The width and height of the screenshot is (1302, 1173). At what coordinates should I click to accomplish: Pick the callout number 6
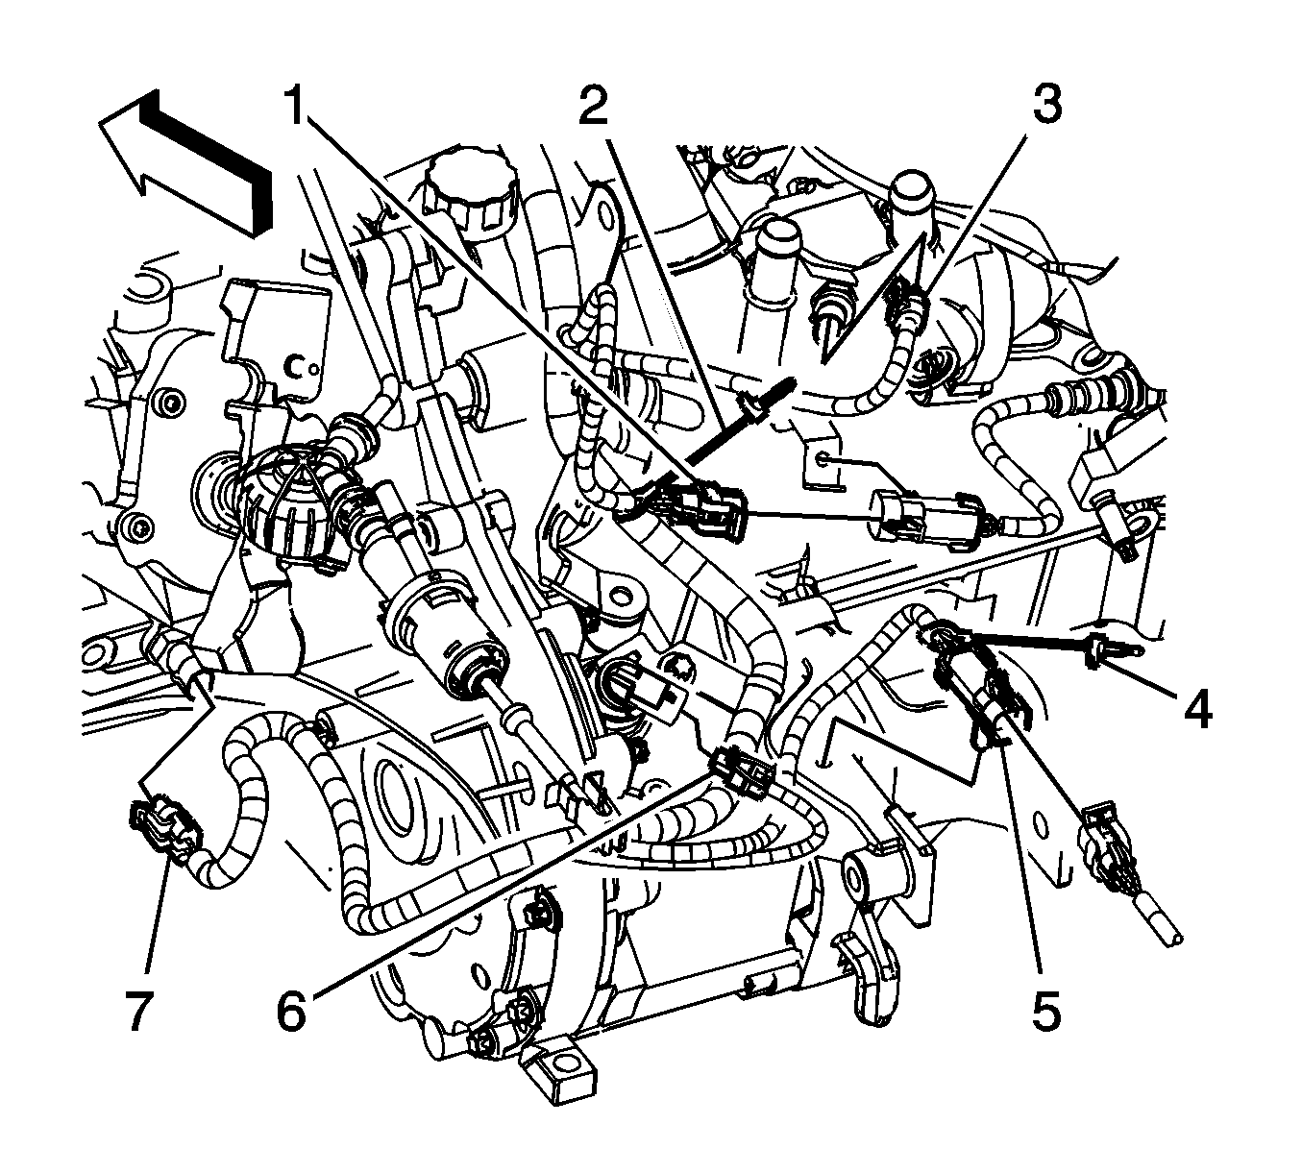pyautogui.click(x=293, y=1011)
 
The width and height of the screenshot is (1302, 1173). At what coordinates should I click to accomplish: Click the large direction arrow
pyautogui.click(x=183, y=159)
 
